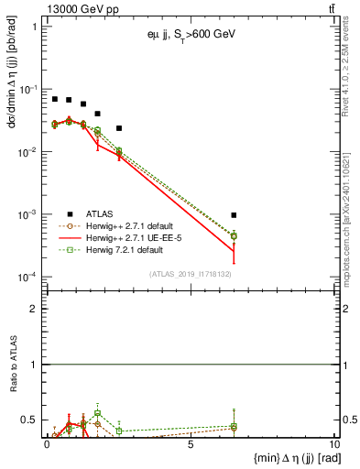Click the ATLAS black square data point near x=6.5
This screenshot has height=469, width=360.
[x=234, y=215]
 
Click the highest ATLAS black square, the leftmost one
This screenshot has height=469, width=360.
[x=55, y=99]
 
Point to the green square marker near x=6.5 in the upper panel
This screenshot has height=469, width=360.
[x=234, y=236]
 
